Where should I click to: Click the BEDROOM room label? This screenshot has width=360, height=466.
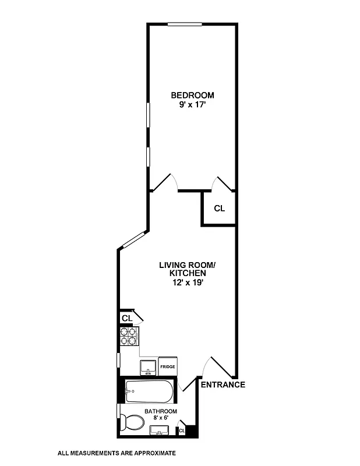pyautogui.click(x=192, y=95)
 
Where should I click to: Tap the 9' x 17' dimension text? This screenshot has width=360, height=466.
pyautogui.click(x=192, y=105)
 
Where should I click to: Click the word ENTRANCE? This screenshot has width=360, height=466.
pyautogui.click(x=223, y=384)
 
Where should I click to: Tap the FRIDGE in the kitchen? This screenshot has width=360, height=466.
pyautogui.click(x=168, y=367)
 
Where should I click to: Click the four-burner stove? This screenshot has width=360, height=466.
pyautogui.click(x=129, y=337)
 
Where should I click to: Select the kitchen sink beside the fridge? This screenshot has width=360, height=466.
pyautogui.click(x=147, y=367)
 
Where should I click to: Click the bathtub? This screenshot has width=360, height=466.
pyautogui.click(x=149, y=392)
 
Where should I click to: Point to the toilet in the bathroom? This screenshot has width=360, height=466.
pyautogui.click(x=134, y=423)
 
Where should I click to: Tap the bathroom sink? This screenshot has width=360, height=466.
pyautogui.click(x=159, y=430)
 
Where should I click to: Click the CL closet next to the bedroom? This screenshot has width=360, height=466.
pyautogui.click(x=219, y=209)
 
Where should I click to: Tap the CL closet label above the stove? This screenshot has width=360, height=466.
pyautogui.click(x=126, y=318)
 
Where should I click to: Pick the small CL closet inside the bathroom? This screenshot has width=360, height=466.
pyautogui.click(x=182, y=430)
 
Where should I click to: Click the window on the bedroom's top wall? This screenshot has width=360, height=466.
pyautogui.click(x=185, y=24)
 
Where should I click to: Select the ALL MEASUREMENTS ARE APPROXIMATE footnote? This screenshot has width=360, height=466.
pyautogui.click(x=117, y=453)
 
